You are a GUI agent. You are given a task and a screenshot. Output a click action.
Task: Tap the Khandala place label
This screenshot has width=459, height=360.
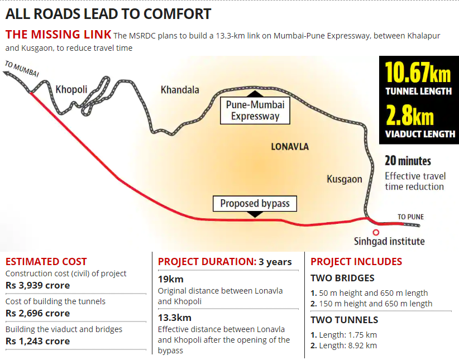coord(180,90)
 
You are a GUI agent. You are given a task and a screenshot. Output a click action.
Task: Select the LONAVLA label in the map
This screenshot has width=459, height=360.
coord(289,147)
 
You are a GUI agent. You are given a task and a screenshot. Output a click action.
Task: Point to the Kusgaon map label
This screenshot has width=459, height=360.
coord(345,179)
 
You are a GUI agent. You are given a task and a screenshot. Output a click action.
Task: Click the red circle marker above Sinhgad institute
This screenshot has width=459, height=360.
coord(376,232)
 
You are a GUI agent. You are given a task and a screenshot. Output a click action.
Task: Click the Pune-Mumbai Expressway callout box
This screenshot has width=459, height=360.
coord(255,111)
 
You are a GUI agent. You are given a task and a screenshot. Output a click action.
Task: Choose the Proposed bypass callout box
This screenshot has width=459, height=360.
coord(255,204)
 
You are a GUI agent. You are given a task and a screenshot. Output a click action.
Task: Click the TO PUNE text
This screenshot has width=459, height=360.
coord(410,217)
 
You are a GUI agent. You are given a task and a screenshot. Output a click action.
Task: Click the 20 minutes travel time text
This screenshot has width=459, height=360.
coord(408,161)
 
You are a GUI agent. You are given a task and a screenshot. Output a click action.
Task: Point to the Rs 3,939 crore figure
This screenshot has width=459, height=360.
coord(37,285)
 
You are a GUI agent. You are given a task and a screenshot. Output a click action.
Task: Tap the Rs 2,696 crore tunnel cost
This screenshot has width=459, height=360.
coord(37,313)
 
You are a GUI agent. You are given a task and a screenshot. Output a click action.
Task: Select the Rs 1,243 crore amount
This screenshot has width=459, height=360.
coord(37,341)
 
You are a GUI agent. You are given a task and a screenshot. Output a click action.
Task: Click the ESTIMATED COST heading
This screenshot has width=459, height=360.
coord(46,261)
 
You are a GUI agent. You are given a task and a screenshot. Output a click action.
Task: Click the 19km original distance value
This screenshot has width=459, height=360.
coord(170,279)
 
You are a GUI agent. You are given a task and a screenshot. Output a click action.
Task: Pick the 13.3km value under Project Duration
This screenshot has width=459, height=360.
coord(175,318)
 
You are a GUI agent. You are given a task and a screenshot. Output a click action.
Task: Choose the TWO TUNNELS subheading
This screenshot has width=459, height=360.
coord(344,320)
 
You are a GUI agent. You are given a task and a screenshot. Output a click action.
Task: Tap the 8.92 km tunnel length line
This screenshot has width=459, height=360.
coord(343,345)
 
